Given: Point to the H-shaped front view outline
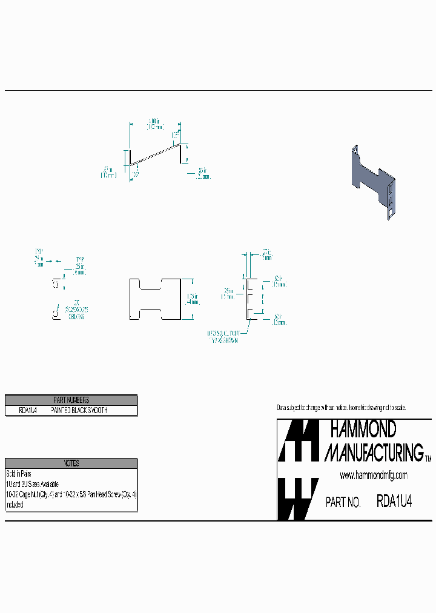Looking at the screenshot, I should click(156, 299).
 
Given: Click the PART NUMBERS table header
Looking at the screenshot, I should click(71, 400).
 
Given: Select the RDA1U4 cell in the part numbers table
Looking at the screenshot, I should click(28, 410).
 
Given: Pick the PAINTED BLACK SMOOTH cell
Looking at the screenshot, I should click(79, 410).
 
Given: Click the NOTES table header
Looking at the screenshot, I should click(71, 463).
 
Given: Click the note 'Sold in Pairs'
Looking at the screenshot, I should click(19, 474).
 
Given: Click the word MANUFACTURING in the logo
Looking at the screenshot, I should click(374, 452).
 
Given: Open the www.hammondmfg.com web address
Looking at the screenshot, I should click(373, 475).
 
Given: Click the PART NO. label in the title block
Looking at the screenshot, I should click(343, 502).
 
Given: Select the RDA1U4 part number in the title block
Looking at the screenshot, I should click(395, 502).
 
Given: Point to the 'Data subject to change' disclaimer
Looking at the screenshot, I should click(341, 408).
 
